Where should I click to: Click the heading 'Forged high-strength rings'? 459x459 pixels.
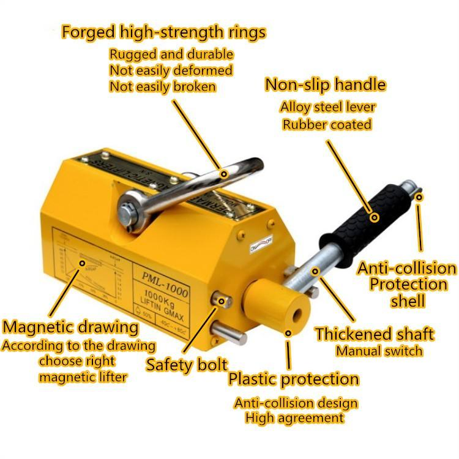(x=164, y=32)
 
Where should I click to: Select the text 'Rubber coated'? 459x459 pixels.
(x=326, y=124)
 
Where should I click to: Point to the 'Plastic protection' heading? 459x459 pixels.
(x=293, y=379)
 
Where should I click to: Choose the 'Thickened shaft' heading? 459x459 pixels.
(x=375, y=334)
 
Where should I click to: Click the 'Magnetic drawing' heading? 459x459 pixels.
(x=70, y=326)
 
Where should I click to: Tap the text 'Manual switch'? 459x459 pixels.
(x=379, y=351)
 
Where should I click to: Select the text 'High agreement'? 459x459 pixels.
(x=294, y=418)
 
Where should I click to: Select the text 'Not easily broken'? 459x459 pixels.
(x=162, y=86)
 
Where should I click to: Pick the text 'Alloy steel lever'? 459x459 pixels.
(x=327, y=106)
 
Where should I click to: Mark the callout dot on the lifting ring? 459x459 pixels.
(x=224, y=174)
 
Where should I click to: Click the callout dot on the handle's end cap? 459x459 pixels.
(x=419, y=197)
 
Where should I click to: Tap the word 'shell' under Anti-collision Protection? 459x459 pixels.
(x=407, y=300)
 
